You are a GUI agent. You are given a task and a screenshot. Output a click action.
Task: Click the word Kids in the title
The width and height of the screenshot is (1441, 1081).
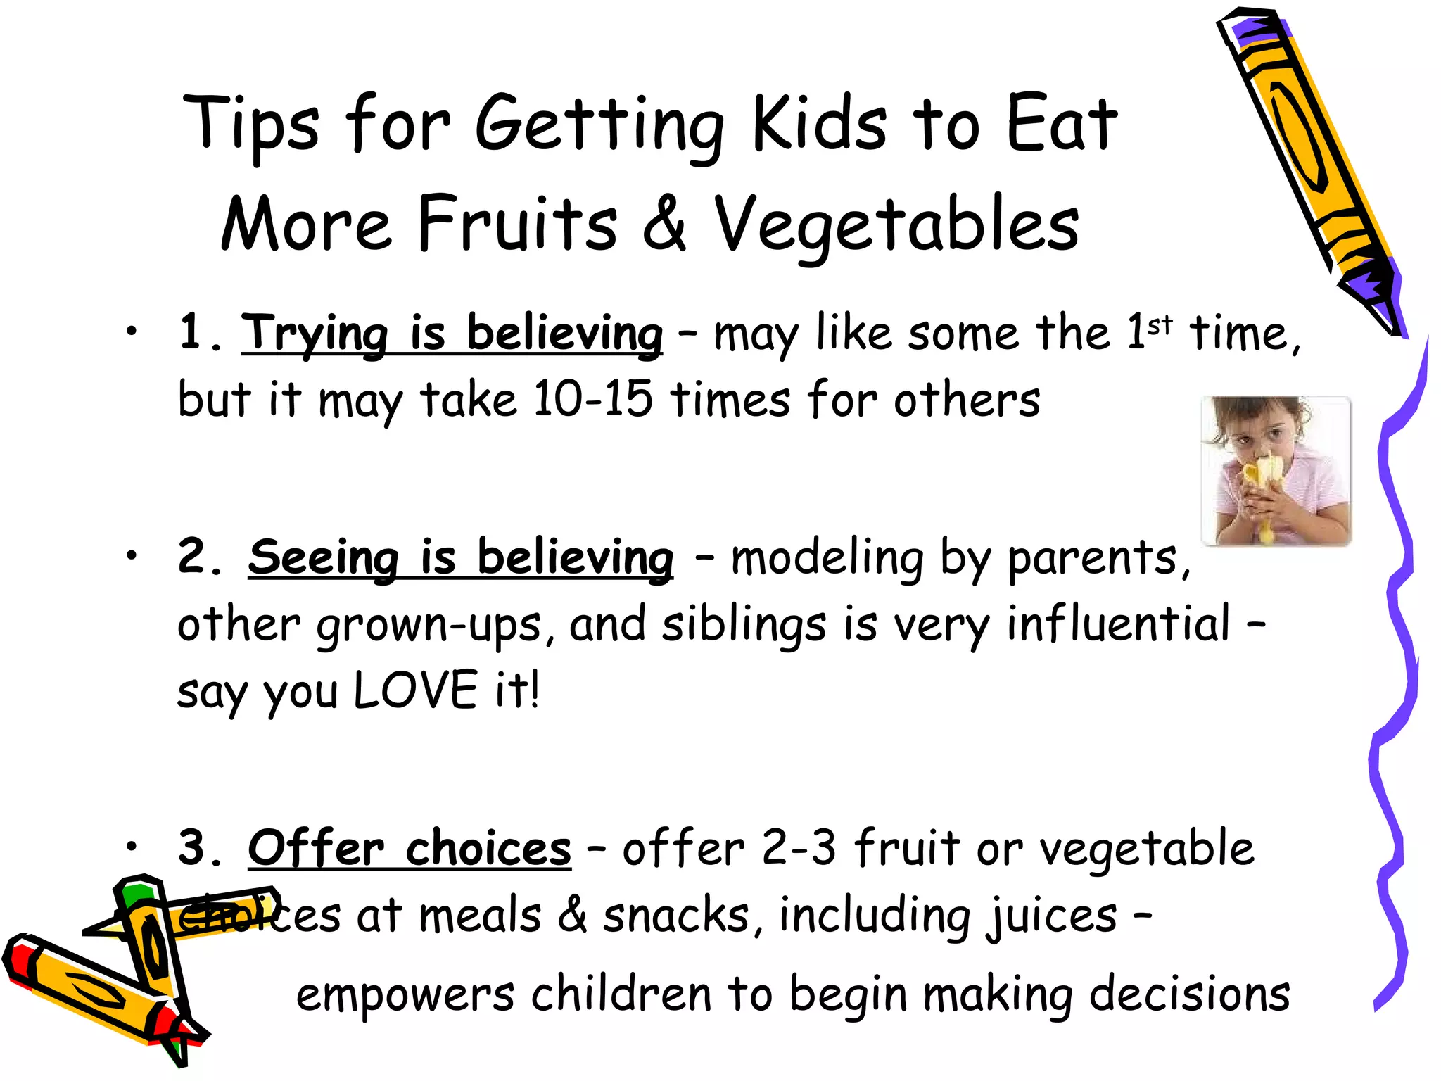(x=820, y=125)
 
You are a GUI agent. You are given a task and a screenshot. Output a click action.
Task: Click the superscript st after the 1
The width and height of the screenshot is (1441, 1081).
(x=1160, y=326)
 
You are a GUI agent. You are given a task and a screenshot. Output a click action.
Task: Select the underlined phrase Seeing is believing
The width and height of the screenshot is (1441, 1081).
(x=461, y=557)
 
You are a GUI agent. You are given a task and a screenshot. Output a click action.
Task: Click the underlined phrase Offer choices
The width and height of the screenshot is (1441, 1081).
(x=410, y=848)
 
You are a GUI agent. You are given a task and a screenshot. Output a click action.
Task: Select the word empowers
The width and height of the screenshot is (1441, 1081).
(x=405, y=994)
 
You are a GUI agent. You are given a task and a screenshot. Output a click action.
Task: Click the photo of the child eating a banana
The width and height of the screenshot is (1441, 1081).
(x=1276, y=471)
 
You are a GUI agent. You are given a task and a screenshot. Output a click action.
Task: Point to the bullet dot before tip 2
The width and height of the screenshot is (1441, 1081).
(x=132, y=556)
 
